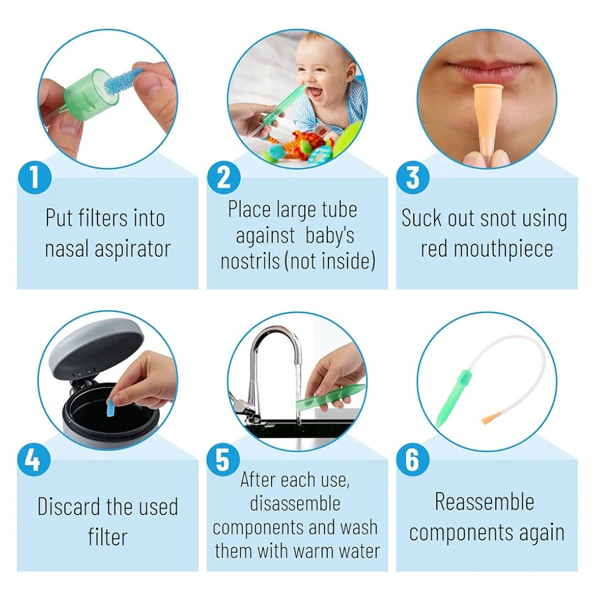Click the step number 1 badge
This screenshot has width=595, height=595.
click(35, 177)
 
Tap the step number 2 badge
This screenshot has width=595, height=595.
click(224, 177)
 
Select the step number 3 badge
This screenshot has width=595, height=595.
click(413, 177)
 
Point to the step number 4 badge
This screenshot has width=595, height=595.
click(34, 460)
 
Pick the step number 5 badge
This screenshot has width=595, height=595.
click(223, 460)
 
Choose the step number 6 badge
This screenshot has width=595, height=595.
click(413, 460)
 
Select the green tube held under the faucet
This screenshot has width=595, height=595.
click(330, 397)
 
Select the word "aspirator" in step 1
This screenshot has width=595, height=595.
click(133, 250)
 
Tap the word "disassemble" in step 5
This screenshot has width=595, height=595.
click(295, 504)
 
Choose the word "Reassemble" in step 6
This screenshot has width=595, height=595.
click(485, 502)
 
